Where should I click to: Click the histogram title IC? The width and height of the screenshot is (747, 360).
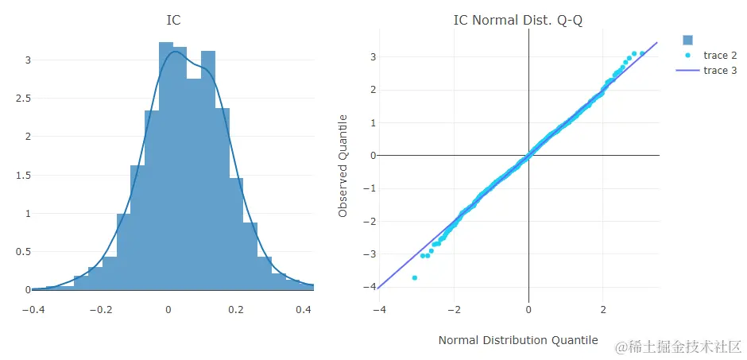click(173, 20)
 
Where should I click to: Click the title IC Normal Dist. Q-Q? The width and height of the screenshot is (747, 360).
click(517, 20)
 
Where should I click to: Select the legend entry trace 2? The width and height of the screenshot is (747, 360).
click(720, 56)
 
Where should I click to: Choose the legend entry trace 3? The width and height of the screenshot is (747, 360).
click(720, 71)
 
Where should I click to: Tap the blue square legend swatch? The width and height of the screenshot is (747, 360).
click(688, 41)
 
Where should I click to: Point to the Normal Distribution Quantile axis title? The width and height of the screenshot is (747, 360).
click(517, 340)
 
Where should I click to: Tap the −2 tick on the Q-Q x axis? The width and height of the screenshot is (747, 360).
click(454, 308)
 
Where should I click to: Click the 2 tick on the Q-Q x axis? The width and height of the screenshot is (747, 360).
click(603, 308)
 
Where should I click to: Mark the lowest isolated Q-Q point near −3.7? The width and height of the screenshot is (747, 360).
click(415, 277)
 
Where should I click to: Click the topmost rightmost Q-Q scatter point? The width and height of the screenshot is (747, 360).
click(642, 54)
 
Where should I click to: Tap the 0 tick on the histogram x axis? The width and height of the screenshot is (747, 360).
click(168, 308)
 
